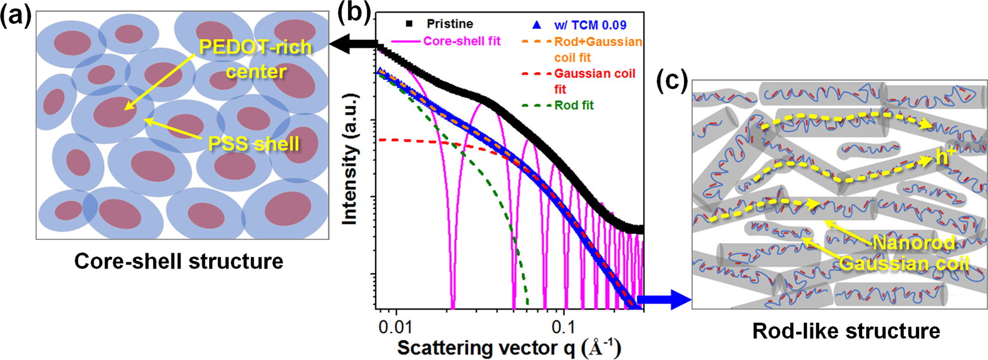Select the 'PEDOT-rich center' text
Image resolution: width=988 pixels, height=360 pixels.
[x=256, y=59]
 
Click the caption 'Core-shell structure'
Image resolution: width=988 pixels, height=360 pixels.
[x=179, y=262]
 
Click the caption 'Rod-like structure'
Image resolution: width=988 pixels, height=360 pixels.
[x=846, y=331]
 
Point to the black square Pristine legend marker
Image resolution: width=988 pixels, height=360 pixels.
[x=410, y=24]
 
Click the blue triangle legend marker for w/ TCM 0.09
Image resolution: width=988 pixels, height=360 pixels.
[x=537, y=25]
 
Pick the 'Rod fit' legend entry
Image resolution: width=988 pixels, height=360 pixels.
[x=574, y=105]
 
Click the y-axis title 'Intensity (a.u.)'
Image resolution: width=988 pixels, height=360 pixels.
[x=350, y=159]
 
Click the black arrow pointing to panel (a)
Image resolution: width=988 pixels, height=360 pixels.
[x=354, y=44]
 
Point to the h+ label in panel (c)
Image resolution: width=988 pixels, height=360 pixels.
[x=945, y=157]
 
